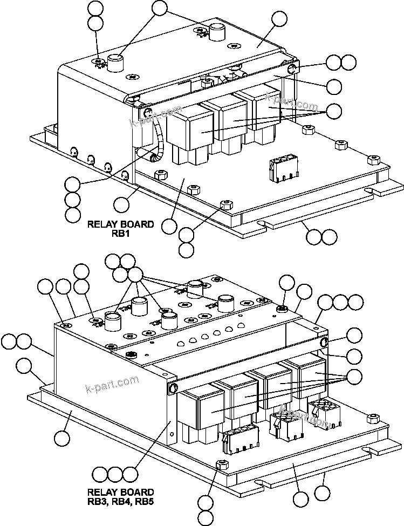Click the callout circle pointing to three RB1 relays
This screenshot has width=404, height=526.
(x=334, y=112)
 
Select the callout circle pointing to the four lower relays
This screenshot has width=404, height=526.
(x=354, y=376)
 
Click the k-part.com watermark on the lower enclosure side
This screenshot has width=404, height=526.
(x=112, y=385)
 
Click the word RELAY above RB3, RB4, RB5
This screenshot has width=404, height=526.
(x=105, y=492)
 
